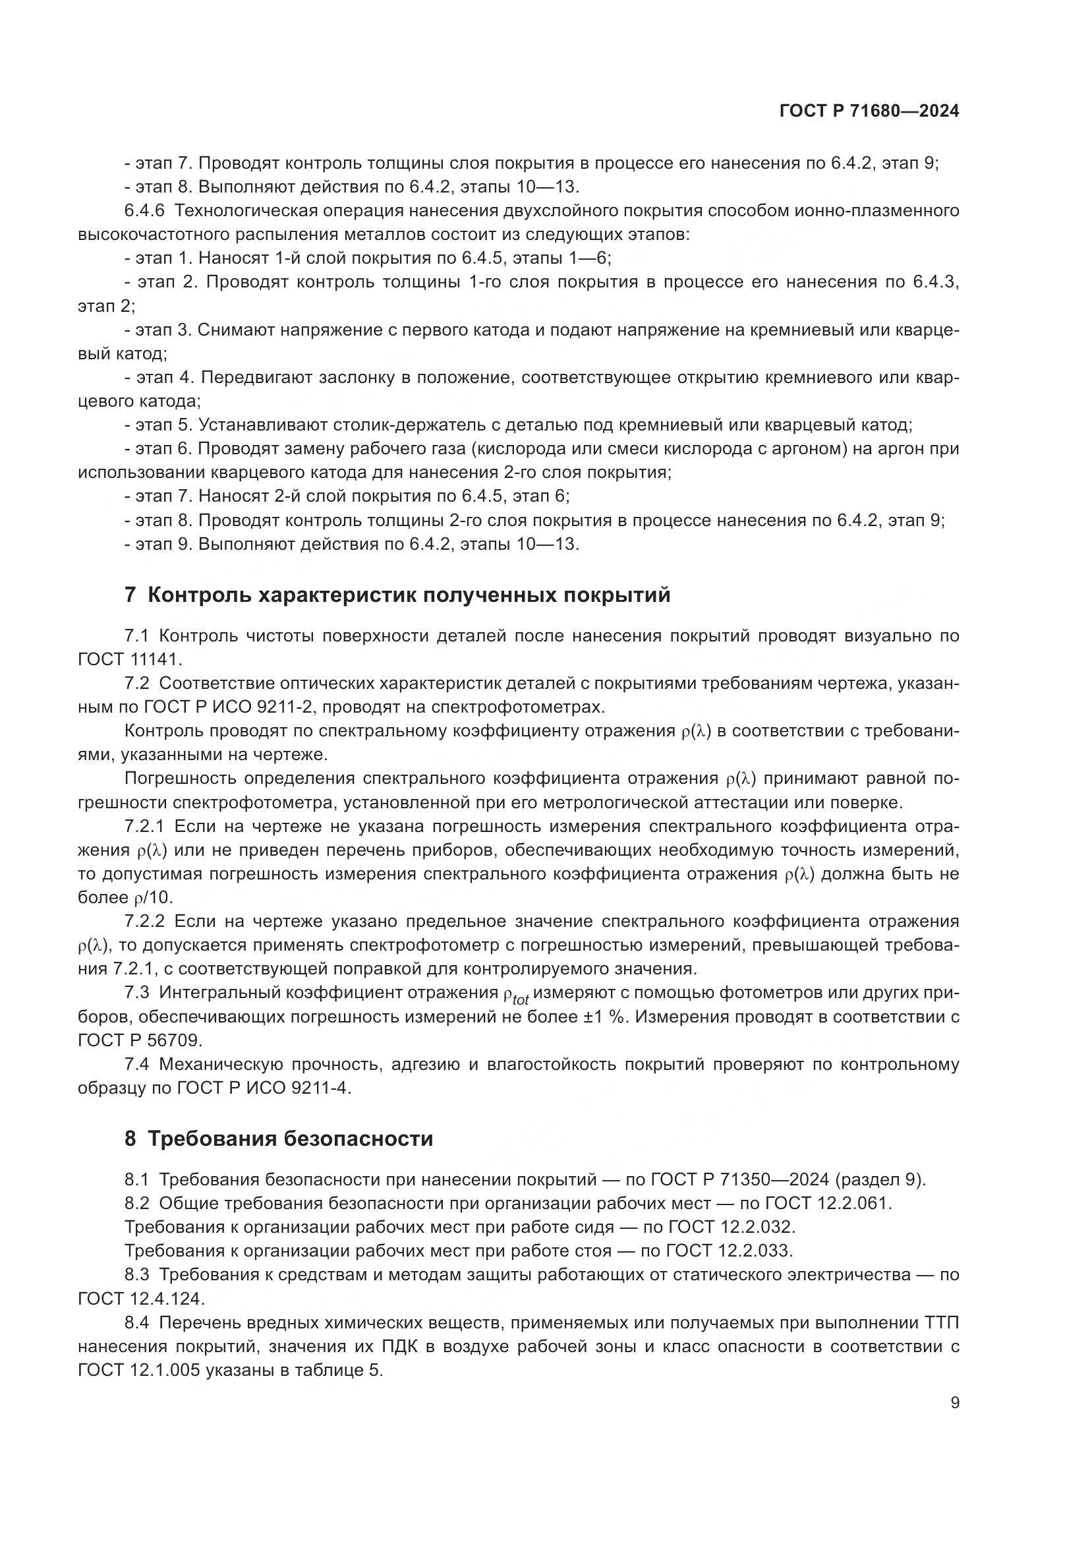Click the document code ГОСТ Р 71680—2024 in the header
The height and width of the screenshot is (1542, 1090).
[869, 111]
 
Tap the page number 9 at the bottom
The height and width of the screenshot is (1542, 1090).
[954, 1403]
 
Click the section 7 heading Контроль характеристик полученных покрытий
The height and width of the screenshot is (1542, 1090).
[397, 595]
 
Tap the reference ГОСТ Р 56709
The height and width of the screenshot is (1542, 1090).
[140, 1040]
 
